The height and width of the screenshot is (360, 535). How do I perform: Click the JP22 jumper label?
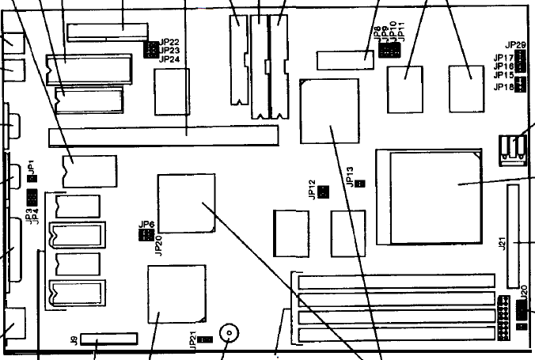pos(169,42)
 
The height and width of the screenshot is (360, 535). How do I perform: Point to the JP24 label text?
pos(169,59)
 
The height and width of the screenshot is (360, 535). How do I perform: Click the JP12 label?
pos(313,191)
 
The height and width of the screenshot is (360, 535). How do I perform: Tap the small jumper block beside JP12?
pos(324,192)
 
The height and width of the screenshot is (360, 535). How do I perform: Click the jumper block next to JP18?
pos(521,85)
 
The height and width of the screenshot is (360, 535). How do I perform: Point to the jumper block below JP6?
pos(146,235)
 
